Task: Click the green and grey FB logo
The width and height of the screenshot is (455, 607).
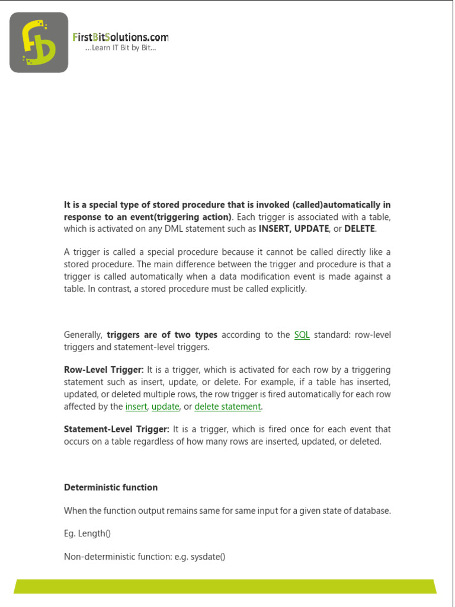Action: (x=39, y=43)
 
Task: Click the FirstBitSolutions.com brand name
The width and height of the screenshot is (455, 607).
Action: (x=120, y=37)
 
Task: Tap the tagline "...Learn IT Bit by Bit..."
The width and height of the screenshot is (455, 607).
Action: (x=120, y=48)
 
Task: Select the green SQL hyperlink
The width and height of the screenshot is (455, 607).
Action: (x=302, y=335)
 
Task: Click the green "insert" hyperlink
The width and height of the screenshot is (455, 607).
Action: (x=136, y=407)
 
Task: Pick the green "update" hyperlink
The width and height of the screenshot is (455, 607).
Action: (x=165, y=407)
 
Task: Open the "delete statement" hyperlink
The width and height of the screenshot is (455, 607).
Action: (x=227, y=407)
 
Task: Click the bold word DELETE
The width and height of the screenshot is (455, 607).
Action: (x=360, y=229)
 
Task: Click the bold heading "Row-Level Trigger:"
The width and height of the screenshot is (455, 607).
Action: (x=104, y=370)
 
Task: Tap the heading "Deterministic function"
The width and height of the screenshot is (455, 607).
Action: (x=111, y=487)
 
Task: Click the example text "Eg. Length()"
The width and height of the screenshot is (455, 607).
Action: (x=87, y=533)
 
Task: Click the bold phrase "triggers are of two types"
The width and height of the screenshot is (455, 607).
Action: (x=162, y=335)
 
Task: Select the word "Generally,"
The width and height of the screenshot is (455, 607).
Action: (x=84, y=335)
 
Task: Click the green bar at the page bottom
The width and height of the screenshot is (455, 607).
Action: (x=225, y=586)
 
